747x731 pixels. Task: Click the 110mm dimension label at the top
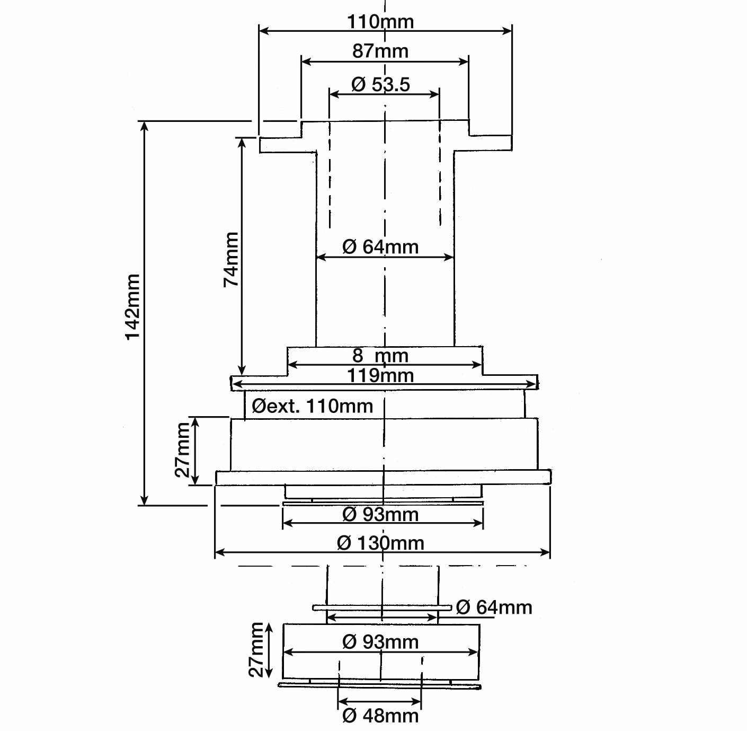[380, 22]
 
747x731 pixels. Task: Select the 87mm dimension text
[380, 51]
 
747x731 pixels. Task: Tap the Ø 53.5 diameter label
[380, 84]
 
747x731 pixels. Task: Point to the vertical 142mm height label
[133, 307]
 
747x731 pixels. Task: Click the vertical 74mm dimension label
[231, 259]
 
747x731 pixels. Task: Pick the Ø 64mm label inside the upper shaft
[380, 246]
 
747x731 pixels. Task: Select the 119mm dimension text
[380, 375]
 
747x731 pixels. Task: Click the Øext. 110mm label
[313, 406]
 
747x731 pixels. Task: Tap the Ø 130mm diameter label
[380, 543]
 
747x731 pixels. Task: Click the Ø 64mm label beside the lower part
[494, 607]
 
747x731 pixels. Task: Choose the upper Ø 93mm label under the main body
[380, 514]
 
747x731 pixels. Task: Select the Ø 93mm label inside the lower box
[380, 642]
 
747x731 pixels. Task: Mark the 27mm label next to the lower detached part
[256, 649]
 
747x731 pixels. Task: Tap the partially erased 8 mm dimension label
[380, 356]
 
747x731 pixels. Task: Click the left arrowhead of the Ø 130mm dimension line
[219, 553]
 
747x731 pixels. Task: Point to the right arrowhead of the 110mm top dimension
[507, 31]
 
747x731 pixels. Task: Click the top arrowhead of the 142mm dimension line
[144, 126]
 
